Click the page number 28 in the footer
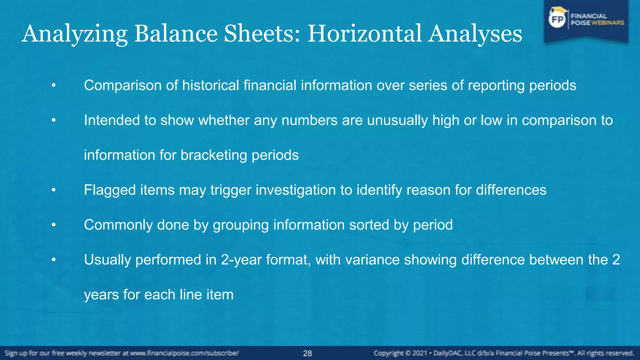[x=307, y=353]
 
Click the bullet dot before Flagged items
[x=54, y=190]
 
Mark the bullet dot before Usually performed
[x=54, y=260]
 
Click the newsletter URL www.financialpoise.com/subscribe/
[x=184, y=353]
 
